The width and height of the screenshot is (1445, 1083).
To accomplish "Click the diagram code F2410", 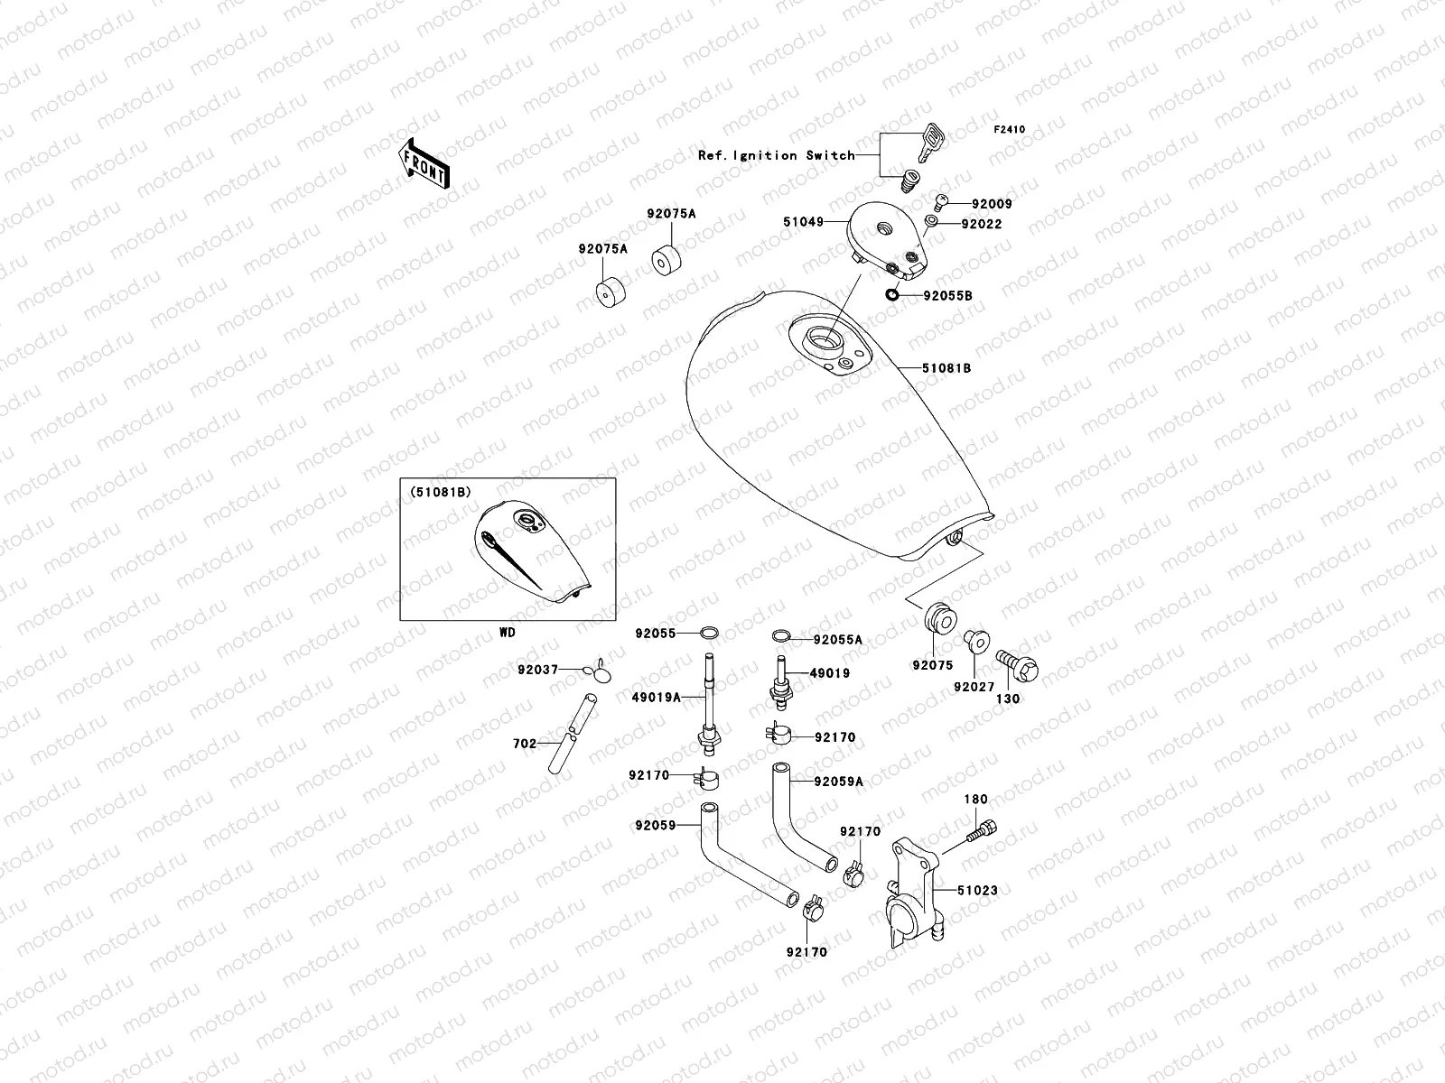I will pyautogui.click(x=1010, y=130).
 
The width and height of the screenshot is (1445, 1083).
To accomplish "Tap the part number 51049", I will pyautogui.click(x=803, y=221).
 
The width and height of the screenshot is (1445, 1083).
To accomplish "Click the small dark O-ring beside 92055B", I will pyautogui.click(x=892, y=293).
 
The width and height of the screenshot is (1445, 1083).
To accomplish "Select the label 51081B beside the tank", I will pyautogui.click(x=946, y=368).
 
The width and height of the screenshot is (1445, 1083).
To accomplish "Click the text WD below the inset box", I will pyautogui.click(x=508, y=633).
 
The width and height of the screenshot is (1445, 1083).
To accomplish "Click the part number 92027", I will pyautogui.click(x=973, y=687).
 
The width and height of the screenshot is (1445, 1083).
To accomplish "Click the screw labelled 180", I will pyautogui.click(x=983, y=828).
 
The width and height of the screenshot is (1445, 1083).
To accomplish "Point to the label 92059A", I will pyautogui.click(x=838, y=782).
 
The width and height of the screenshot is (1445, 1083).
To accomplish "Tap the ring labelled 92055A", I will pyautogui.click(x=782, y=638).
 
